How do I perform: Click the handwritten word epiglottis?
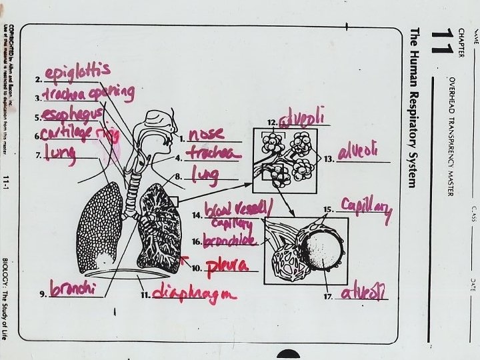coord(77,71)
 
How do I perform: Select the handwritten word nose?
coord(205,134)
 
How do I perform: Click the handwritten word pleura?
coord(227,266)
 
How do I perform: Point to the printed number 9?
coord(43,294)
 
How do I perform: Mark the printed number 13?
coord(329,159)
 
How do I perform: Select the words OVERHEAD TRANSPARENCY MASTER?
coord(451,136)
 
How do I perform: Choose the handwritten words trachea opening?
coord(90,92)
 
